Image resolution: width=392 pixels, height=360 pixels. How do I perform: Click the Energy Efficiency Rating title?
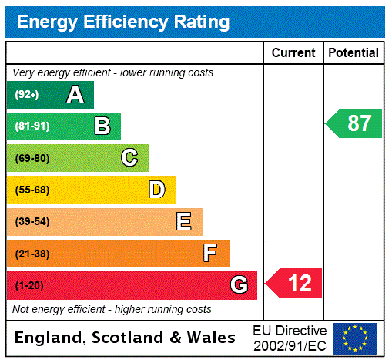pos(123,22)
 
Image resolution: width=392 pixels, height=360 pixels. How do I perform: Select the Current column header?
pos(293,52)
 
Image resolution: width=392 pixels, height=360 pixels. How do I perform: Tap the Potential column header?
pos(353,52)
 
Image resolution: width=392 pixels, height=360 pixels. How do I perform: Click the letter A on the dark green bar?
pos(75,95)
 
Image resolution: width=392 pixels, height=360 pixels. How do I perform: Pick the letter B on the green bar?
pos(102,126)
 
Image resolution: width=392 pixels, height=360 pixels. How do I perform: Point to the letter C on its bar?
pos(129,158)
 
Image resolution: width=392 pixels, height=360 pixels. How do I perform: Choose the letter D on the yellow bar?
pos(156,190)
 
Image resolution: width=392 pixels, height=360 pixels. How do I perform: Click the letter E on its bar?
pos(184,222)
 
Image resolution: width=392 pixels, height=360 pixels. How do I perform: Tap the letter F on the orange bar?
pos(210,254)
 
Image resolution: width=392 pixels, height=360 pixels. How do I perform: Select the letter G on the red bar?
pos(239,285)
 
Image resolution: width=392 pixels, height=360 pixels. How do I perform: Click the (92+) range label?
pos(26,95)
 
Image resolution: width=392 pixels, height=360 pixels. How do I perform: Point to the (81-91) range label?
pos(32,126)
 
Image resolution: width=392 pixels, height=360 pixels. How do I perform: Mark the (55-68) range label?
pos(32,190)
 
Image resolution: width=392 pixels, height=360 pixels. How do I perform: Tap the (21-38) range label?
pos(32,254)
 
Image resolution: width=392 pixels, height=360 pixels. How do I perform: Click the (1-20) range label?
pos(29,285)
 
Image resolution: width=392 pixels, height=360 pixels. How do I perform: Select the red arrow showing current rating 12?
pos(294,283)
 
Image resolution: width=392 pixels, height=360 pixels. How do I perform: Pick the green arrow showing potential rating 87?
pos(353,123)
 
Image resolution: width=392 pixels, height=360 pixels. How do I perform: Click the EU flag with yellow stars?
pos(355,338)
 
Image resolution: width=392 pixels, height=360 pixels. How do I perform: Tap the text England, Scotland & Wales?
pos(126,338)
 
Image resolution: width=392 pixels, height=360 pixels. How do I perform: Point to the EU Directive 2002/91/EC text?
pos(290,338)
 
